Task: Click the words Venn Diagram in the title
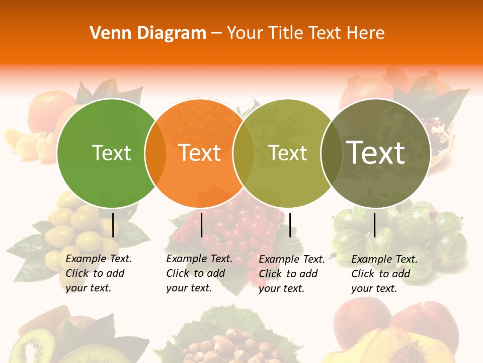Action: (148, 33)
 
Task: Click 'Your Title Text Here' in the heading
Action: (305, 33)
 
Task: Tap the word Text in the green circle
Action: (111, 153)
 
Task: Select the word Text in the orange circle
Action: (199, 153)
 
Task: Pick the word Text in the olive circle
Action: (288, 153)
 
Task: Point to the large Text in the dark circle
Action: (376, 152)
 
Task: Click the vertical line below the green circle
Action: (113, 225)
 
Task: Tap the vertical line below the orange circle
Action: (201, 225)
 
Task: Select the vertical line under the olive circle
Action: (290, 225)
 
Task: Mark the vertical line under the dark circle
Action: (374, 225)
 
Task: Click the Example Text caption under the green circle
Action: (99, 273)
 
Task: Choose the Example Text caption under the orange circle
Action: (199, 273)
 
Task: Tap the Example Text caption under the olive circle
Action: (292, 274)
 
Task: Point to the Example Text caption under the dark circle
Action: (384, 274)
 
